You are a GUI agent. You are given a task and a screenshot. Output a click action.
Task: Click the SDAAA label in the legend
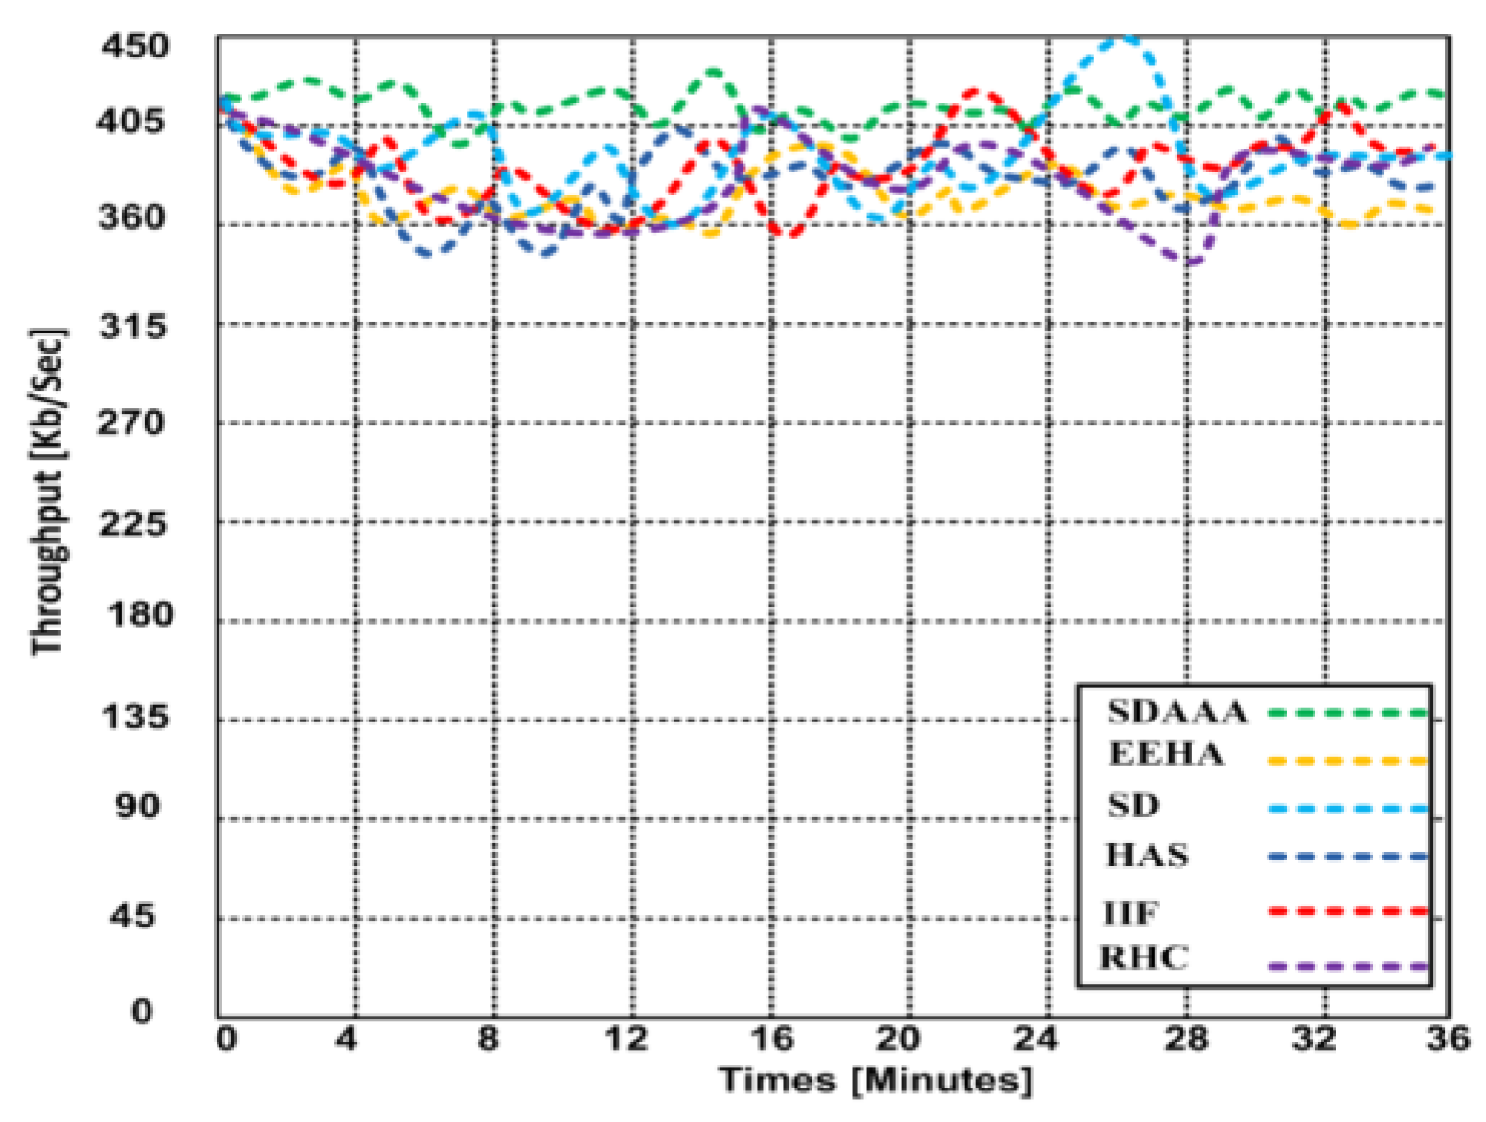tap(1177, 712)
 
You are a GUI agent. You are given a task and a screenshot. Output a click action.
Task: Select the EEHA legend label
tap(1166, 754)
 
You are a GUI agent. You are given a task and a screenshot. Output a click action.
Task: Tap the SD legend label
tap(1133, 805)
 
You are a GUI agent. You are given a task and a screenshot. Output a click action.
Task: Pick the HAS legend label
tap(1147, 855)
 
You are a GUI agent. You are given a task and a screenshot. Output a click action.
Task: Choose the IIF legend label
tap(1131, 912)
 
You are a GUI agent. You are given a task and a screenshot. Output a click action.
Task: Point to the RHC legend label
tap(1143, 957)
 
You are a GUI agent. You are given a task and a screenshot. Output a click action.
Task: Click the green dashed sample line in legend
tap(1347, 713)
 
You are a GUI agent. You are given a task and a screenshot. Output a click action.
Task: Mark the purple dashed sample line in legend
tap(1347, 967)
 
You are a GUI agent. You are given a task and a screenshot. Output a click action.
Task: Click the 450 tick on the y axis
tap(134, 45)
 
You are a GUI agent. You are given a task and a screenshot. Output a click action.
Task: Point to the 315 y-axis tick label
tap(133, 327)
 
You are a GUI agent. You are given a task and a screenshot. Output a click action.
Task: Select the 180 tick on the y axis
tap(140, 614)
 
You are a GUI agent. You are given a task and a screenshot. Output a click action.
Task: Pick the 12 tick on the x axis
tap(627, 1039)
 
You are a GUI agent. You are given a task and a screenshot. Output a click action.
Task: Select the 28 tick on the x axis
tap(1186, 1039)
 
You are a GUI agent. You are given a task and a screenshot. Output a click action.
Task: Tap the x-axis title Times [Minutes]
tap(876, 1081)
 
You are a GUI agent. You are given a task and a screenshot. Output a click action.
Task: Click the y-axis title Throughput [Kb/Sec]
tap(48, 492)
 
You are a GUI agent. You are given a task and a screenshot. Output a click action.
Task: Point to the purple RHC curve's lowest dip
tap(1191, 263)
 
